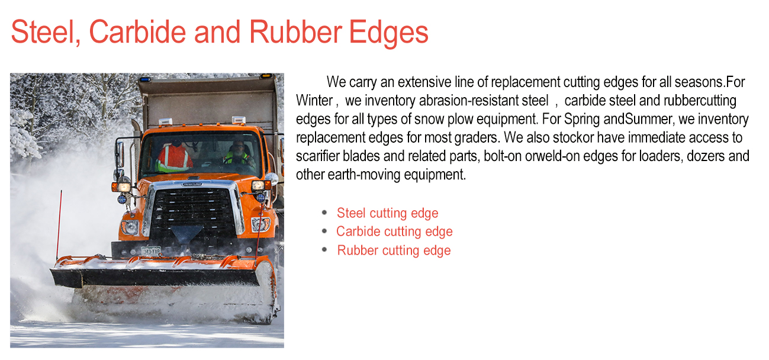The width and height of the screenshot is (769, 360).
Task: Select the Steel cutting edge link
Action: click(387, 213)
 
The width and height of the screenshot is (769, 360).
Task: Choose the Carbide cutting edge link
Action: click(394, 232)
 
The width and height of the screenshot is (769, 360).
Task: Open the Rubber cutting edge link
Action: click(394, 250)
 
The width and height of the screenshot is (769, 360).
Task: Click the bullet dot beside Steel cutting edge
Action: click(324, 212)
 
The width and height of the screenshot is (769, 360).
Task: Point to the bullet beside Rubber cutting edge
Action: click(324, 249)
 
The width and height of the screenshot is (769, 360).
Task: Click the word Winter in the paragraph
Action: click(314, 100)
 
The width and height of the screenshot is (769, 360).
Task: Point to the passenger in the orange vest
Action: click(174, 156)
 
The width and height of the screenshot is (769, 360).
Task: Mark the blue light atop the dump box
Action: click(144, 79)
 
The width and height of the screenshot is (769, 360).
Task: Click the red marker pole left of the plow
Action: click(59, 225)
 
